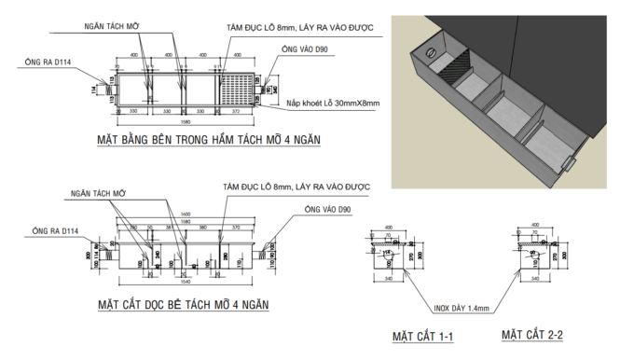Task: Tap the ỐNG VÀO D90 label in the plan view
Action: [300, 48]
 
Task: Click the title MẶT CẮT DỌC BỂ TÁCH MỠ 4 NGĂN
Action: [182, 305]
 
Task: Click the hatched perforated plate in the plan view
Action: [237, 88]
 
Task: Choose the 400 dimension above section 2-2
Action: [534, 225]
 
